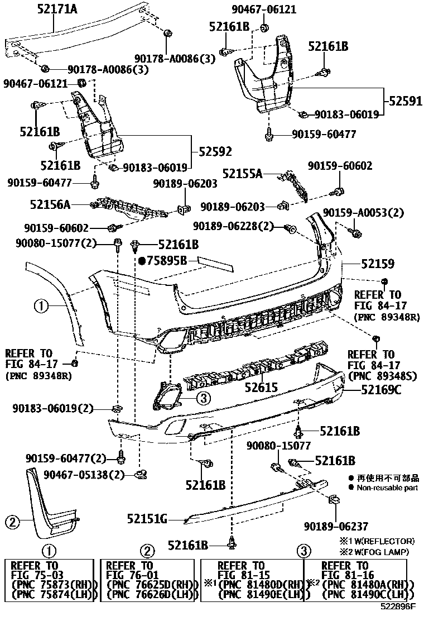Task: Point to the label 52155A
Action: (243, 174)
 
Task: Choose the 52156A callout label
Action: (50, 205)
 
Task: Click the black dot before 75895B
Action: (142, 260)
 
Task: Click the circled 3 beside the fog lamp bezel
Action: (203, 398)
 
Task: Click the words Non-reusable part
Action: (387, 488)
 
